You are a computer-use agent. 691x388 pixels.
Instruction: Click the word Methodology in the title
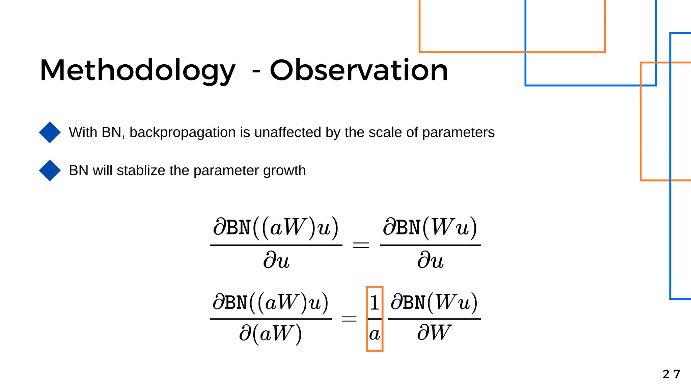(x=137, y=71)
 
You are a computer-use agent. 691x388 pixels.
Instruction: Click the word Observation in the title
(x=359, y=71)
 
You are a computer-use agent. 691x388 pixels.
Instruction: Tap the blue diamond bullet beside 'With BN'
(x=50, y=132)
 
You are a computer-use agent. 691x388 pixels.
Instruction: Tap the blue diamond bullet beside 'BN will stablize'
(x=50, y=170)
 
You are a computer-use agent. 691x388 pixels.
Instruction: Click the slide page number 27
(x=671, y=374)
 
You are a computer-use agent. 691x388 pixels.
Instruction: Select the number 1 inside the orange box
(x=374, y=303)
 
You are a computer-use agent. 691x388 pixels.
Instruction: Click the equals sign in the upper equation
(x=361, y=245)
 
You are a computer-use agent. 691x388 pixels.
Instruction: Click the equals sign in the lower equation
(x=349, y=319)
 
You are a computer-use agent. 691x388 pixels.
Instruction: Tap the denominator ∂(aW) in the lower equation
(x=270, y=334)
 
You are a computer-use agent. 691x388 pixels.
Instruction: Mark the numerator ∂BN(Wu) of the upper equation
(x=430, y=228)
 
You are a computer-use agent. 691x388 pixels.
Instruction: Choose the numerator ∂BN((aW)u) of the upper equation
(x=276, y=228)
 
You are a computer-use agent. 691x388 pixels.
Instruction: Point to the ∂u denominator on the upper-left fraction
(x=276, y=261)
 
